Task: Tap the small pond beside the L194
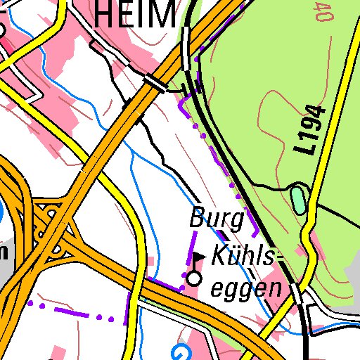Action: tap(299, 199)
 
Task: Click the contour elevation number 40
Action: tap(324, 12)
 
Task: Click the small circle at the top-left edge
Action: tap(2, 30)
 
